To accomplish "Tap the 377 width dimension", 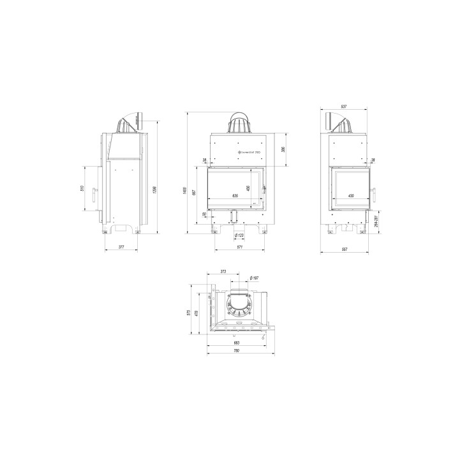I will click(x=120, y=247).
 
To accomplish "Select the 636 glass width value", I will click(x=234, y=195).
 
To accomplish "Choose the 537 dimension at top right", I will click(x=344, y=107).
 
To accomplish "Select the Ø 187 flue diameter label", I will click(x=253, y=278).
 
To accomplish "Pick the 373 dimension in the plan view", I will click(x=223, y=272).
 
